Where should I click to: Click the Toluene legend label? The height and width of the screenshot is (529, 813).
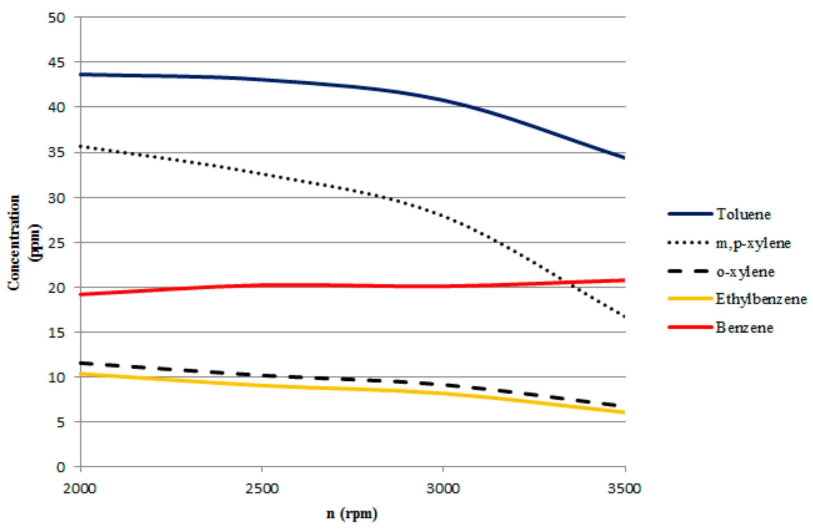[x=743, y=214]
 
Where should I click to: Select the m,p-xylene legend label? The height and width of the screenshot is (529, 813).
[x=753, y=243]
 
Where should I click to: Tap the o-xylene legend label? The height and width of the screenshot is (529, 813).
[x=745, y=272]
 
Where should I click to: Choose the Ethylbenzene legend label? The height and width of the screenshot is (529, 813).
[x=761, y=299]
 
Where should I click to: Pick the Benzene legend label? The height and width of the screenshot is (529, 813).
[x=744, y=328]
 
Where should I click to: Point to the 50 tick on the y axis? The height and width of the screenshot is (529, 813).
[x=56, y=18]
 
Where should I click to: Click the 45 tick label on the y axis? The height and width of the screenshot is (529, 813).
[x=56, y=63]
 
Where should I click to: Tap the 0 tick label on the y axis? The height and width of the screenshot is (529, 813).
[x=60, y=467]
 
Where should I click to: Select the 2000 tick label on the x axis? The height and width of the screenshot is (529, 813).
[x=80, y=489]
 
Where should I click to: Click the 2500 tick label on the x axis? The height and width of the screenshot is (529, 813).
[x=262, y=489]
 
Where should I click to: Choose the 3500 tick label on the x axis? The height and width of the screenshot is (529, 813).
[x=624, y=489]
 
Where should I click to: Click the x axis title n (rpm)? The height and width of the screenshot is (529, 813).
[x=352, y=514]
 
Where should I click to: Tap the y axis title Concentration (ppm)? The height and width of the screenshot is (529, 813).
[x=24, y=243]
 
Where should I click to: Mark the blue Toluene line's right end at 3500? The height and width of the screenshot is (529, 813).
[x=625, y=158]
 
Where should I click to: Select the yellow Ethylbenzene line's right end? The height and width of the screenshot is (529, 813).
[x=625, y=413]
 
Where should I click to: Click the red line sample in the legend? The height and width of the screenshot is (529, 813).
[x=690, y=327]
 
